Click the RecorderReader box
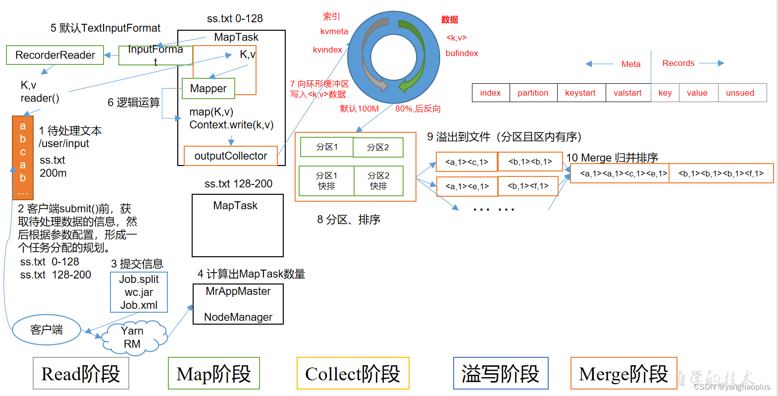[55, 55]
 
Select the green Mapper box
[208, 89]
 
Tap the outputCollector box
[230, 156]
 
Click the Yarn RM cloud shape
[132, 338]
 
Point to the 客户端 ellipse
[47, 330]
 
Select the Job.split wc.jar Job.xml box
[139, 292]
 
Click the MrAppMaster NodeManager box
[238, 304]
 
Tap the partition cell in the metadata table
[533, 93]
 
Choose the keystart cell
[580, 93]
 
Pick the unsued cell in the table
[740, 93]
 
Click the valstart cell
[627, 93]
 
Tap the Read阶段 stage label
[81, 374]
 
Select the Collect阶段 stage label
[353, 374]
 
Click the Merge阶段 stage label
[623, 374]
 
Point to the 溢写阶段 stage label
[500, 374]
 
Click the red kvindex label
[327, 50]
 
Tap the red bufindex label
[462, 53]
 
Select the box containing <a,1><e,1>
[467, 186]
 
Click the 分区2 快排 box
[378, 181]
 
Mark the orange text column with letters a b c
[23, 157]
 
